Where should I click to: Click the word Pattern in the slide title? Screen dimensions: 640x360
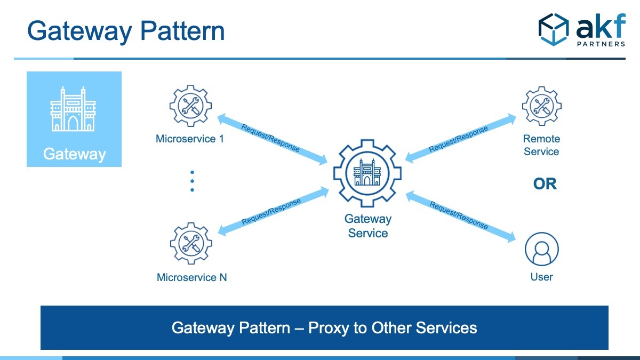coord(182,31)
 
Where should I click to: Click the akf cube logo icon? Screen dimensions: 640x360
coord(554,29)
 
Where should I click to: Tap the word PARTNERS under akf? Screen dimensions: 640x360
coord(601,44)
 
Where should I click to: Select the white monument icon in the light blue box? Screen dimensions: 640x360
coord(73,109)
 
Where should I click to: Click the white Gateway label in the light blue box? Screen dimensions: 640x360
coord(74,154)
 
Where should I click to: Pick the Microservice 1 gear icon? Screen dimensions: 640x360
coord(190,106)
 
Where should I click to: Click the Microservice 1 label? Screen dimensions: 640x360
coord(190,139)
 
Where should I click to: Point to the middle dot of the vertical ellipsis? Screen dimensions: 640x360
coord(193,181)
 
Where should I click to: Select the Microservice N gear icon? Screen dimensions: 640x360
coord(191,243)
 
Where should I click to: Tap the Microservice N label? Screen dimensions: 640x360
coord(191,277)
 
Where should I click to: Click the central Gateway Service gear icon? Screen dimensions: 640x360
coord(367,173)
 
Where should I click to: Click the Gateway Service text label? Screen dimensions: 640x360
coord(368,226)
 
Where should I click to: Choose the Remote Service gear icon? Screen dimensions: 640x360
coord(542,106)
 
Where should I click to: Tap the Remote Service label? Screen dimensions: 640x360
coord(541,145)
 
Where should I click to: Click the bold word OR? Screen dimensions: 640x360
coord(545,184)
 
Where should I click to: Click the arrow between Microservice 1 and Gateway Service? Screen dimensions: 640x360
coord(273,139)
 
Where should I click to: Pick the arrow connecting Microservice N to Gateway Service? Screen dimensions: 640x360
coord(274,211)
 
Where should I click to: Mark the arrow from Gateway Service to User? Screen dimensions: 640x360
coord(461,217)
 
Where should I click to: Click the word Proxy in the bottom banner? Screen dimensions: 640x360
coord(329,328)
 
